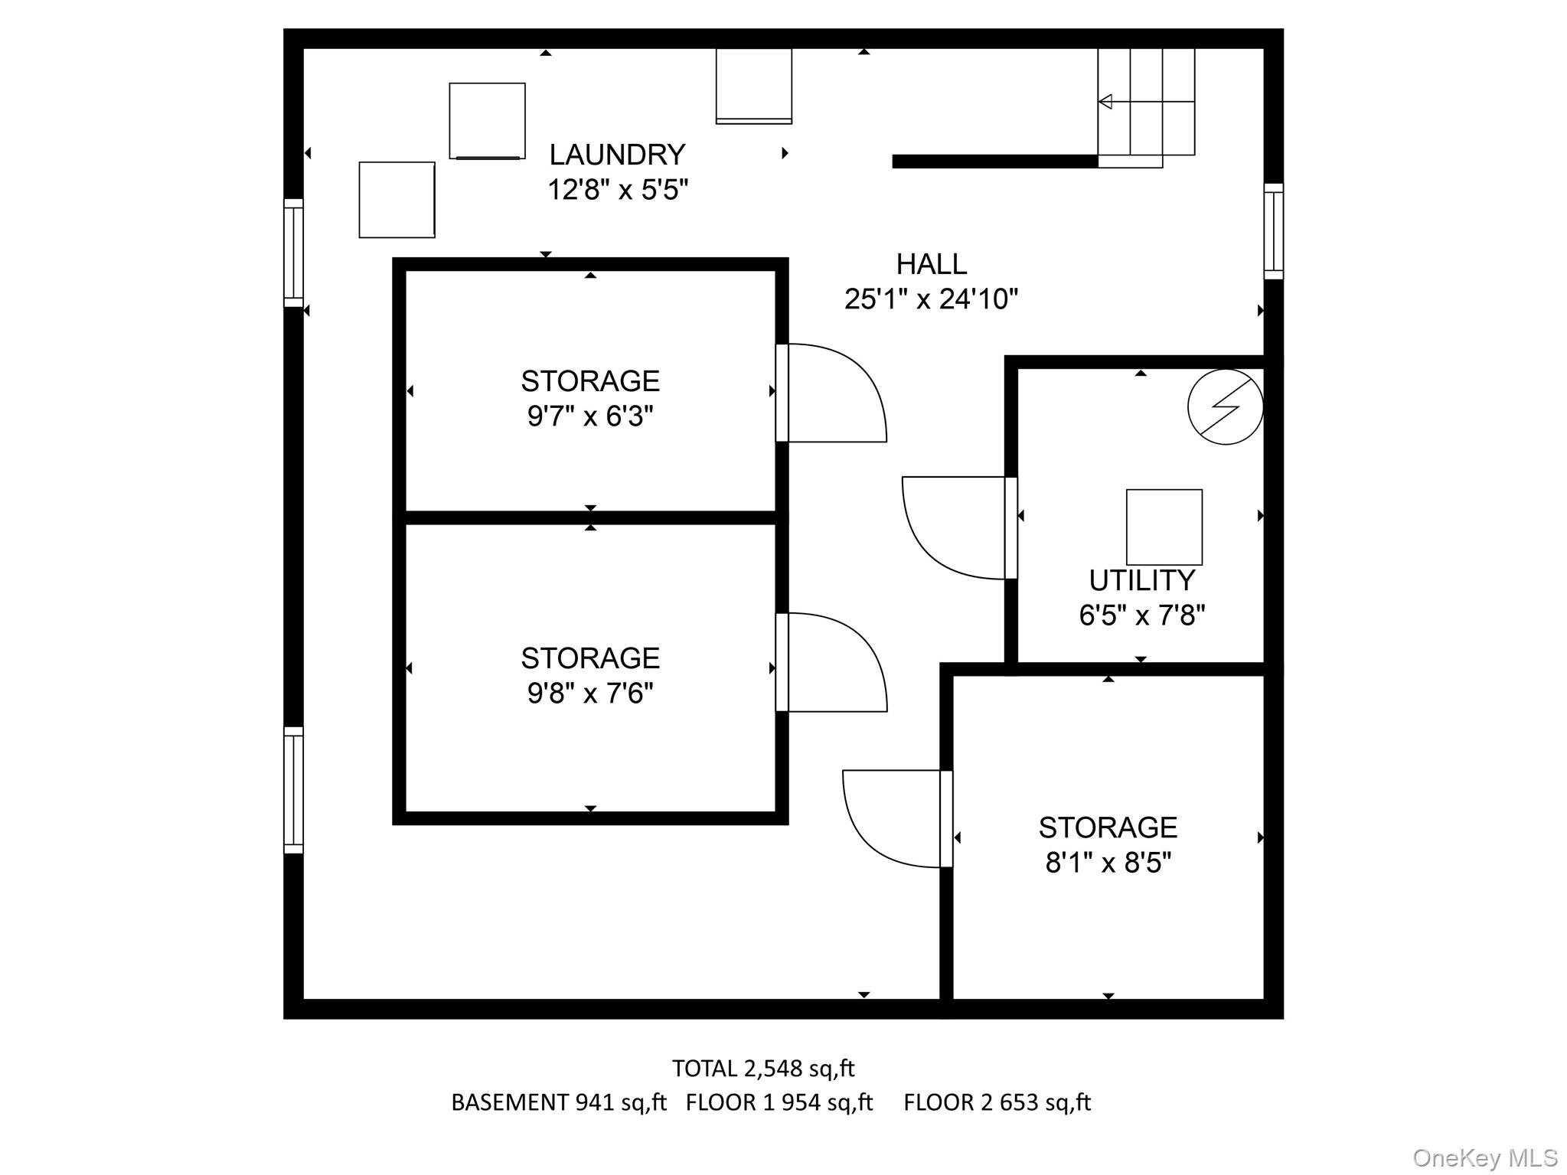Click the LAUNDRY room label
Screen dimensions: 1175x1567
[x=617, y=155]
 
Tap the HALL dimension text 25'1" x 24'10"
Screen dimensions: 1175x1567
[x=931, y=299]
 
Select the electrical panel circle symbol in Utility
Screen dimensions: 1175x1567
[x=1225, y=406]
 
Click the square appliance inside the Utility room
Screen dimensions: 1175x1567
[x=1164, y=527]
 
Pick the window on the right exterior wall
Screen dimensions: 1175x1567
[x=1272, y=231]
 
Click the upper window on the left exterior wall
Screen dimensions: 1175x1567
[x=293, y=253]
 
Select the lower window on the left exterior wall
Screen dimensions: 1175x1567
[x=293, y=790]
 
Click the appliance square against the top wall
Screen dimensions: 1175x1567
[x=753, y=86]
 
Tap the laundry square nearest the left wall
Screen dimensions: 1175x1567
[x=397, y=199]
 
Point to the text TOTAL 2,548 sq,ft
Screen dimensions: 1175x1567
[x=762, y=1068]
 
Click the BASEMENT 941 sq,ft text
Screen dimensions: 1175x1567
[x=558, y=1102]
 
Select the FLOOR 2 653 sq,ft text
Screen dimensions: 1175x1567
[x=997, y=1102]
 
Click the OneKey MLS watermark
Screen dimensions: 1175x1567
[x=1484, y=1158]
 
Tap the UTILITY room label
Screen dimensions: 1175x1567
[x=1141, y=581]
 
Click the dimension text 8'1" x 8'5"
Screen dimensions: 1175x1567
[x=1108, y=863]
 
